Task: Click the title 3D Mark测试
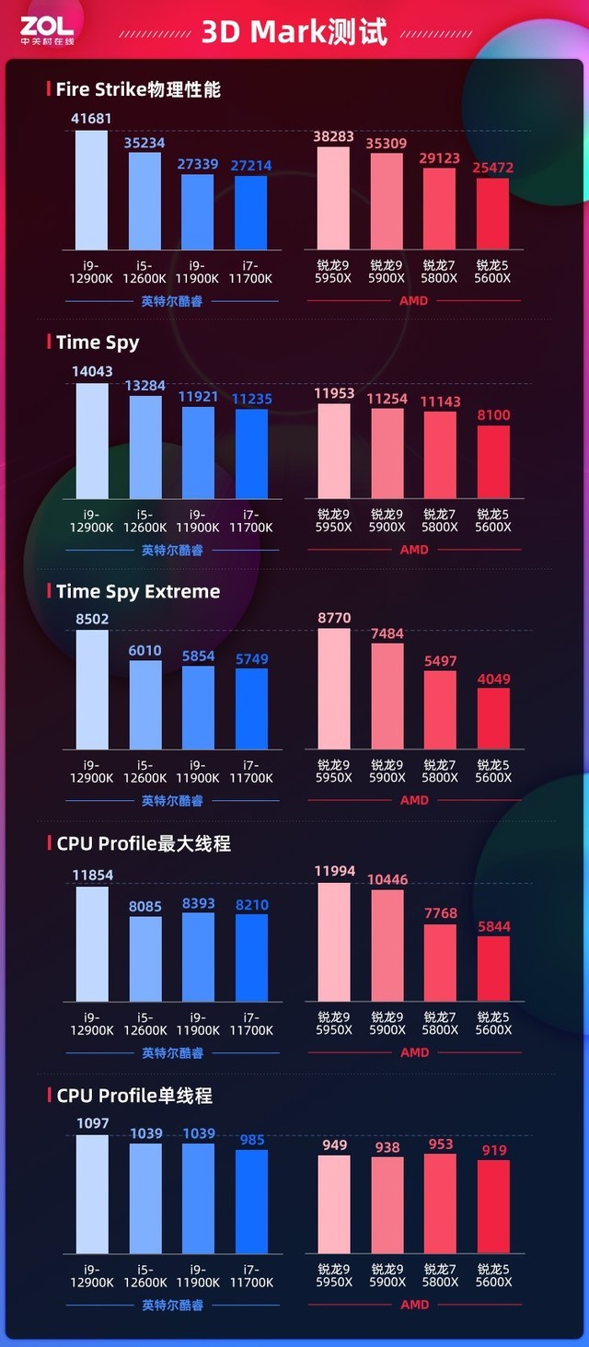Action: coord(294,31)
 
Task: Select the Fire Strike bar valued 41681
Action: coord(91,190)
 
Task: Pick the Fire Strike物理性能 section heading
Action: coord(138,89)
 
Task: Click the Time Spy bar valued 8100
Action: coord(493,462)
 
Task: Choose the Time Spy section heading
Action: coord(98,342)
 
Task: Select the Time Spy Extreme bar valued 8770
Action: coord(334,689)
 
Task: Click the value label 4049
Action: coord(493,679)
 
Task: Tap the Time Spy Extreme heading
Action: coord(138,591)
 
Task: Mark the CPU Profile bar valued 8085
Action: coord(145,958)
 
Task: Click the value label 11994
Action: coord(334,871)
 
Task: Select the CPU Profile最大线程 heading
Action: coord(144,842)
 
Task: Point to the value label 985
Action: coord(252,1140)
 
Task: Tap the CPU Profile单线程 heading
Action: coord(134,1096)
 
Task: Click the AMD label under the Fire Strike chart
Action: coord(414,300)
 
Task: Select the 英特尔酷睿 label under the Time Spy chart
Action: coord(172,551)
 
